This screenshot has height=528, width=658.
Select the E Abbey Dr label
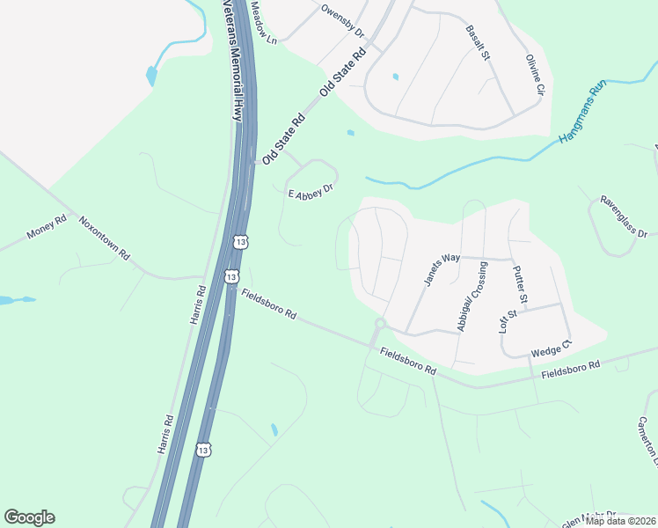tap(311, 190)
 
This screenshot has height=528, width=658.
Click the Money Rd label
tap(47, 229)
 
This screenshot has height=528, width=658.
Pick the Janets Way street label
tap(442, 269)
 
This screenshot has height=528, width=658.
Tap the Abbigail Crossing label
tap(472, 297)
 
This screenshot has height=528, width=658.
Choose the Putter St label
tap(520, 285)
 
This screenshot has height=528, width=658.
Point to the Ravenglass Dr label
tap(624, 217)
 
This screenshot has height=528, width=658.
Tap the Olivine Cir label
tap(536, 76)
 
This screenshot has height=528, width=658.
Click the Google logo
tap(29, 517)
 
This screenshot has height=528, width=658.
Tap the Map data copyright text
tap(619, 521)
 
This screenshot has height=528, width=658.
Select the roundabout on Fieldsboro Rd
tap(380, 324)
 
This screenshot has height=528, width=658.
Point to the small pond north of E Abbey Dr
tap(351, 134)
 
